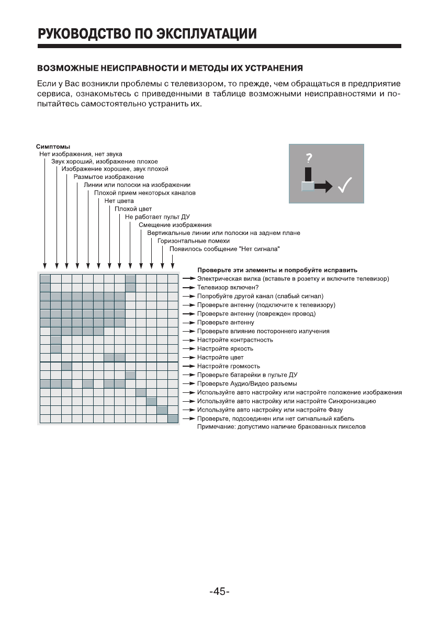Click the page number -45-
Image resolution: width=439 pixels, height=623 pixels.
[x=219, y=592]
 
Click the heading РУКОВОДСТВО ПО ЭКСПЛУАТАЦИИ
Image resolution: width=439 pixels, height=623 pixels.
[x=147, y=35]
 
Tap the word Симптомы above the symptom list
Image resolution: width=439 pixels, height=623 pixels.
[x=53, y=146]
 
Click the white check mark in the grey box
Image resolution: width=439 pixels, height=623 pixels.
[x=344, y=186]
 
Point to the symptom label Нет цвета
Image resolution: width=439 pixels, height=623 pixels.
[x=119, y=200]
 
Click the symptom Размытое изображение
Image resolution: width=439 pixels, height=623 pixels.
[x=101, y=177]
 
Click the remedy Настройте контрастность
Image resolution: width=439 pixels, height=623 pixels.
[x=234, y=340]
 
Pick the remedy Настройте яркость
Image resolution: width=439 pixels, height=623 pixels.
[x=225, y=348]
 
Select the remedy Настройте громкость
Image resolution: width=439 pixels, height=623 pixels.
[x=228, y=366]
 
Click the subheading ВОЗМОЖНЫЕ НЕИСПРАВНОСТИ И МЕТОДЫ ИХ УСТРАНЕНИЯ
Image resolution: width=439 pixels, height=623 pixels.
[x=170, y=69]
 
